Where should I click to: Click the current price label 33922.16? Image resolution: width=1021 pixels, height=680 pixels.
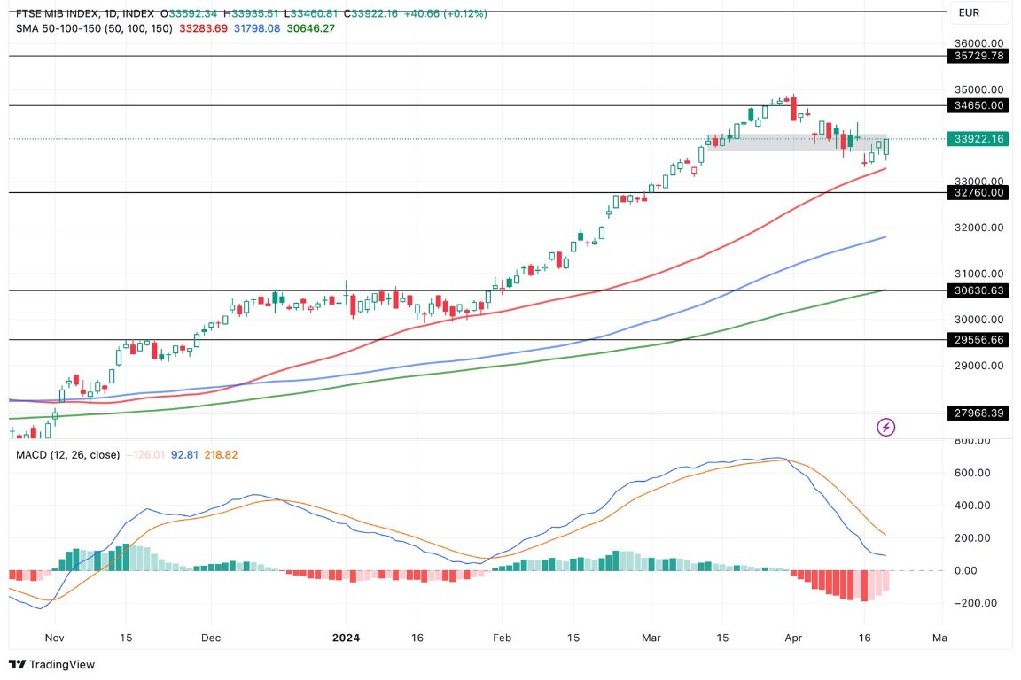[x=978, y=139]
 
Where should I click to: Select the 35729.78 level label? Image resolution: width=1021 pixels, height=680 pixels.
[x=978, y=56]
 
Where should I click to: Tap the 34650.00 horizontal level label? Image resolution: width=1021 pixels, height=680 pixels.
[x=978, y=105]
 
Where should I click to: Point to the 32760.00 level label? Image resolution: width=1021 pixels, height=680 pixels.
[x=978, y=192]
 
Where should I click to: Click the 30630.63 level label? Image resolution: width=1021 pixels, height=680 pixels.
[x=978, y=290]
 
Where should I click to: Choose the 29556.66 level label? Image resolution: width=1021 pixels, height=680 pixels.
[x=978, y=339]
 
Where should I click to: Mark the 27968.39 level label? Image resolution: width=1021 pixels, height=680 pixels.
[x=978, y=413]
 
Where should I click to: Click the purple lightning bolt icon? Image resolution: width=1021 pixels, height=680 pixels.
[x=885, y=428]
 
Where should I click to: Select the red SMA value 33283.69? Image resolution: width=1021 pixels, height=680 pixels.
[x=203, y=28]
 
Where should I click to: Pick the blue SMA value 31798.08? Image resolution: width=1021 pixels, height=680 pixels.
[x=254, y=28]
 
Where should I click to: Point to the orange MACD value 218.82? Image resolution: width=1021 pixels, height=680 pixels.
[x=221, y=455]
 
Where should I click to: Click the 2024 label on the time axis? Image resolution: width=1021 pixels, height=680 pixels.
[x=345, y=637]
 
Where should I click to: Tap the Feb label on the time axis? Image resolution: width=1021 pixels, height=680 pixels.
[x=502, y=637]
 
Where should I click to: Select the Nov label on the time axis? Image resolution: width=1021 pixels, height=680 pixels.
[x=55, y=637]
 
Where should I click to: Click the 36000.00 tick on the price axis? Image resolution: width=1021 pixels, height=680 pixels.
[x=978, y=43]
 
